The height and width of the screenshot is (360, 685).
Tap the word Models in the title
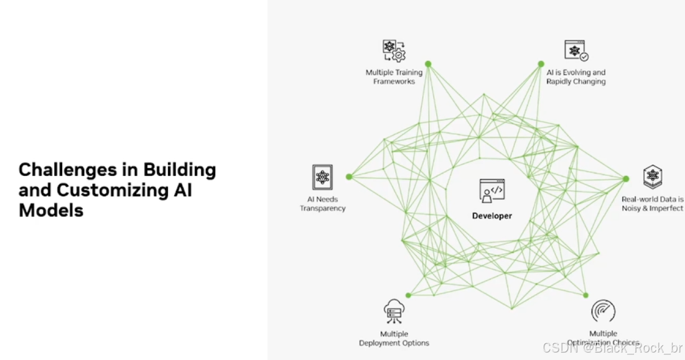pos(51,210)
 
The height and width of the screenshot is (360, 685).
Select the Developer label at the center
pos(492,216)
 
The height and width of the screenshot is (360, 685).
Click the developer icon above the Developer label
pos(492,191)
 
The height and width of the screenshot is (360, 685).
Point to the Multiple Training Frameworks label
pos(394,77)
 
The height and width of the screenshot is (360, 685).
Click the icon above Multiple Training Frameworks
pos(393,50)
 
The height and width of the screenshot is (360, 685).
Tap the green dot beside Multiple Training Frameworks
pos(428,63)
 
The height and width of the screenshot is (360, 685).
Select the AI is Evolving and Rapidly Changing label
pos(575,77)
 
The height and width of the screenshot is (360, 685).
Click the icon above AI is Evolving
pos(576,50)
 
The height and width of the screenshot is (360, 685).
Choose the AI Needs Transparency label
pos(322,204)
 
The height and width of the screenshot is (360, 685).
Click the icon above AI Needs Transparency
pos(322,177)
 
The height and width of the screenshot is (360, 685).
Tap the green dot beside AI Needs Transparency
pos(349,177)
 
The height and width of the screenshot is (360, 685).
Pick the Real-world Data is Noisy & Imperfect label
pos(652,204)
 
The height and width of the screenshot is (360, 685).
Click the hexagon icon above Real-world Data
pos(652,177)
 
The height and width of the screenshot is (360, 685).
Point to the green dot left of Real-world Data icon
pos(626,178)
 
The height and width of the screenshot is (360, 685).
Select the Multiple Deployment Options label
pos(394,338)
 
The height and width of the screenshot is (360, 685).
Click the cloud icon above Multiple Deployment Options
pos(394,310)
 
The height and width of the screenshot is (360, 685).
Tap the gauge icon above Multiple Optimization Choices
pos(603,311)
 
